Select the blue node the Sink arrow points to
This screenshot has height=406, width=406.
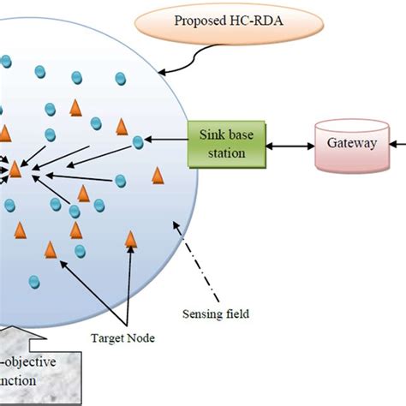(138, 143)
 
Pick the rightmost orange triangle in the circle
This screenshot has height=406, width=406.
(158, 176)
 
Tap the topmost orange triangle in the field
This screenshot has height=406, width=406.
(75, 107)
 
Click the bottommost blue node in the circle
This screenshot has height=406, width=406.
(34, 282)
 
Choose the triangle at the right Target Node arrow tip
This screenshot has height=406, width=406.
(131, 239)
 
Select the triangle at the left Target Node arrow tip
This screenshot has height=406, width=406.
(50, 249)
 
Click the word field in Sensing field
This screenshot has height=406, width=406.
(235, 314)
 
